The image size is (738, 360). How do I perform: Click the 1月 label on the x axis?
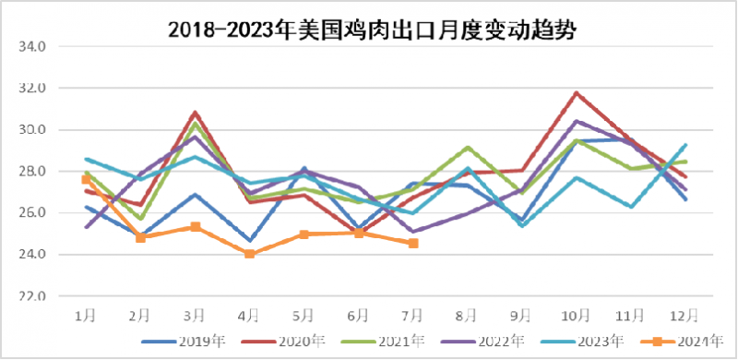86,316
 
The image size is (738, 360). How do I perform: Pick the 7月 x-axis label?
413,316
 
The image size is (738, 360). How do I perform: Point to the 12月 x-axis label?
685,316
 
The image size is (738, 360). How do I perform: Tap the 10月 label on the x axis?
577,316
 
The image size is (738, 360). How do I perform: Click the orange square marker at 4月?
250,253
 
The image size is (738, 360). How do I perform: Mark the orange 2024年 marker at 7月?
413,243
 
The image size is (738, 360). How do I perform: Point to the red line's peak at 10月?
577,93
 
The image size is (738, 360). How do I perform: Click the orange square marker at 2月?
140,237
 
